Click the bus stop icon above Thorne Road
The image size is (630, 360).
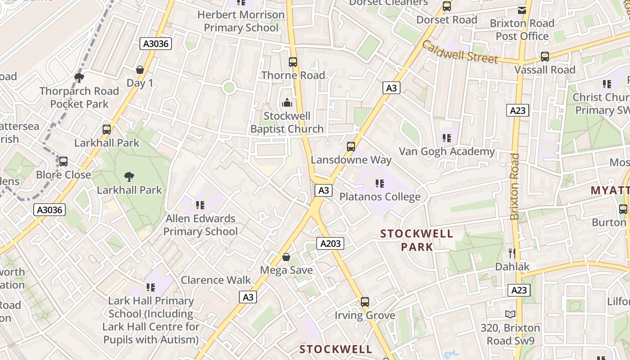coord(293,62)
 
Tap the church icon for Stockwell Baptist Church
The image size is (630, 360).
coord(287,103)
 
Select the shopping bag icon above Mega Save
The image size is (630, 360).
coord(286,257)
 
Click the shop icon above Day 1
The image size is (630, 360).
coord(140,70)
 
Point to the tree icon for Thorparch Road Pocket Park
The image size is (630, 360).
coord(79,78)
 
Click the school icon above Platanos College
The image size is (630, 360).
coord(380,184)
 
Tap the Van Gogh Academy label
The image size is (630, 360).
coord(447,152)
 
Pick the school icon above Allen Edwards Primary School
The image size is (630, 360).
coord(200,205)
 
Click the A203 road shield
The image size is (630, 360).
coord(330,244)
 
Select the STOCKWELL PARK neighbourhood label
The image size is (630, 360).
coord(417,240)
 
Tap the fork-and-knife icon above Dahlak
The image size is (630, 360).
coord(512,253)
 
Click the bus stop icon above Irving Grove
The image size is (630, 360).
coord(365,302)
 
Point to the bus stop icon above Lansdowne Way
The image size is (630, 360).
coord(351,147)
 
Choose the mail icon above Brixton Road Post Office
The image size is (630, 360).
coord(522,10)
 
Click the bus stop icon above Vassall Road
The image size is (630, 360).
coord(545,57)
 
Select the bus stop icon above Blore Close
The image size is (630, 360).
coord(63,162)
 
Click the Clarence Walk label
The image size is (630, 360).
coord(216,280)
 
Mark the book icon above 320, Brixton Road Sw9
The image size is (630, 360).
coord(510,315)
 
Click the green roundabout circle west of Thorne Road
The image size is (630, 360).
coord(229,87)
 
